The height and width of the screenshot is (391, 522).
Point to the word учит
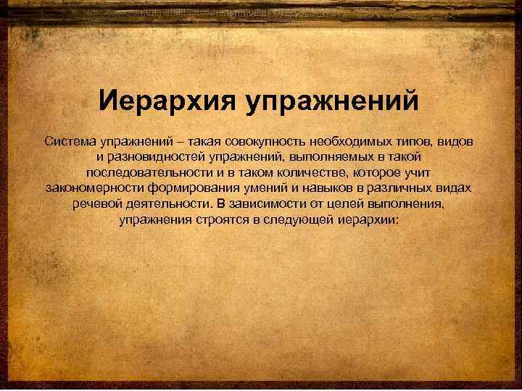point(418,172)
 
